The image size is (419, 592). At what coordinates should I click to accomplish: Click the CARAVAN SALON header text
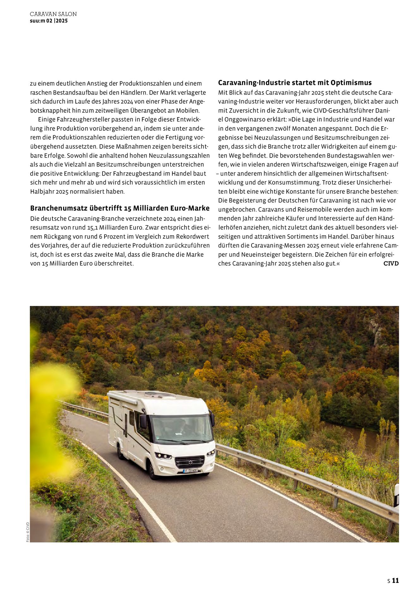(x=53, y=14)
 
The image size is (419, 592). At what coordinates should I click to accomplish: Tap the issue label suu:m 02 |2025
(x=49, y=21)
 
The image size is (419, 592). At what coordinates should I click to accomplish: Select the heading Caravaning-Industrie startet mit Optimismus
(x=295, y=83)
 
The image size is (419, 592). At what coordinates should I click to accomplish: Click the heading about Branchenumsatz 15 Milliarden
(x=120, y=208)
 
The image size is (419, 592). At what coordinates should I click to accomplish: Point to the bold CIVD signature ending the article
(x=391, y=263)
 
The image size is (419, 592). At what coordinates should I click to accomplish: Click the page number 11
(x=396, y=580)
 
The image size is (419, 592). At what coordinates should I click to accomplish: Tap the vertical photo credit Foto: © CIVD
(x=28, y=532)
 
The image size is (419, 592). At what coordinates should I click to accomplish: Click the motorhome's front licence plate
(x=190, y=471)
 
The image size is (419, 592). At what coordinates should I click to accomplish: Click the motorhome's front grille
(x=190, y=462)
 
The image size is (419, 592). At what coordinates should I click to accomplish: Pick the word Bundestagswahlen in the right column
(x=354, y=156)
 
